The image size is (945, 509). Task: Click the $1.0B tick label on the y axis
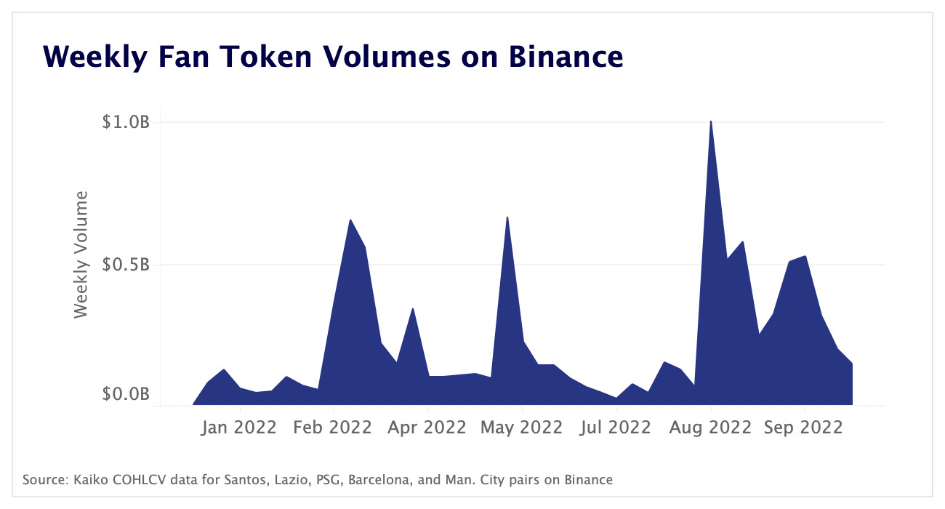coord(125,122)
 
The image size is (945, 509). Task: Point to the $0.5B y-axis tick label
coord(125,265)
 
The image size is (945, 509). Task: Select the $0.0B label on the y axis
coord(125,395)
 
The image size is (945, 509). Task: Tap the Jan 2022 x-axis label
coord(239,427)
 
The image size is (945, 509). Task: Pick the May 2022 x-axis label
coord(522,427)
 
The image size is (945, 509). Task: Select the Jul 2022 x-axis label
coord(616,427)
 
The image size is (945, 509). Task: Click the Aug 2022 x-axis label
coord(711,427)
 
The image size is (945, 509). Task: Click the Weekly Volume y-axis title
coord(81,254)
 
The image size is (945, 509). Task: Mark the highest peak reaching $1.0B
coord(711,122)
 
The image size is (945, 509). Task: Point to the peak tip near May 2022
coord(507,217)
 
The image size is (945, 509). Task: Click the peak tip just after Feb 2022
coord(350,220)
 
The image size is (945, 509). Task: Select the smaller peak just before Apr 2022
coord(413,309)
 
